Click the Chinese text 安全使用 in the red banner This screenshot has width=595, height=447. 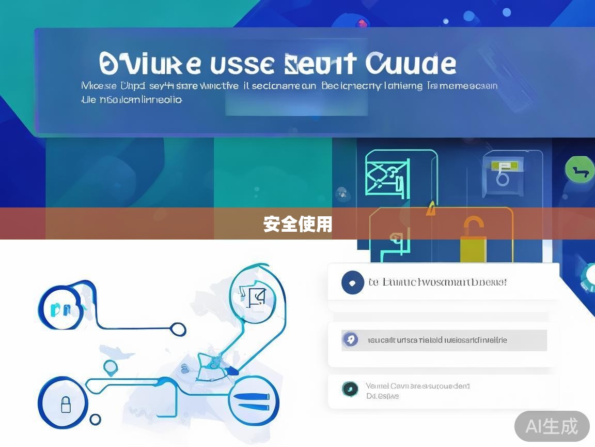pos(297,225)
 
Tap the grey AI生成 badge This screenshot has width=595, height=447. pos(552,426)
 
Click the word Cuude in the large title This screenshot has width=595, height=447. pos(411,64)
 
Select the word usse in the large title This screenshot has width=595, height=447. pos(243,64)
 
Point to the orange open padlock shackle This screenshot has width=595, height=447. pos(473,226)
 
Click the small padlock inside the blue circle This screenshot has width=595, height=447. pos(66,404)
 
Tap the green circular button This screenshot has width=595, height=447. pos(580,170)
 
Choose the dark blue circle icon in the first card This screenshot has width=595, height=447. pos(352,282)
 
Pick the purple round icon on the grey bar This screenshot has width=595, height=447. pos(350,340)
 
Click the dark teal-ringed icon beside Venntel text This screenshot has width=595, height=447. pos(350,389)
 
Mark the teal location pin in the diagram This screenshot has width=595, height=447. pos(111,368)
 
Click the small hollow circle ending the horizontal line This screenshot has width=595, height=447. pos(178,329)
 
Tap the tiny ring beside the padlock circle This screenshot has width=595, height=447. pos(96,419)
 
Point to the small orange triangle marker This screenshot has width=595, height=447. pos(430,209)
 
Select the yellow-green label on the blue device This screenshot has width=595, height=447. pos(505,166)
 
